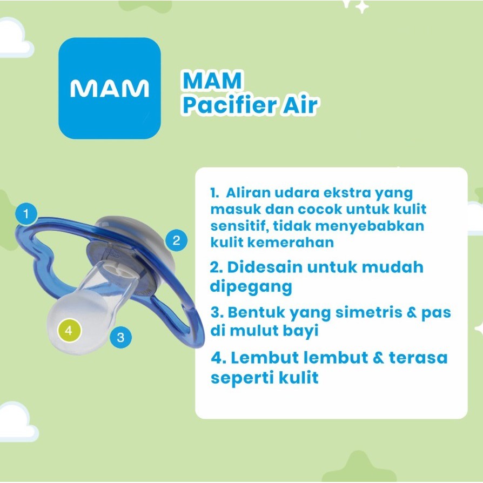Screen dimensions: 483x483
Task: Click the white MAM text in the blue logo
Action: [109, 89]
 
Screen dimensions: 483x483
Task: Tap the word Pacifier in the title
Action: [228, 105]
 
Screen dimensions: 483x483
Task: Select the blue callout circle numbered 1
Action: [26, 213]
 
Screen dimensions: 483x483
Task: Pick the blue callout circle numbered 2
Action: [176, 240]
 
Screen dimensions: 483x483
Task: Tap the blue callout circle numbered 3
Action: [120, 337]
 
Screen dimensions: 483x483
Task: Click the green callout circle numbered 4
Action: [69, 331]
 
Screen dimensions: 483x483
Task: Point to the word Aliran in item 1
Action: [248, 193]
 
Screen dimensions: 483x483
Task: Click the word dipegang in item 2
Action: [251, 287]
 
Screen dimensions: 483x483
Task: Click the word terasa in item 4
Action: [418, 358]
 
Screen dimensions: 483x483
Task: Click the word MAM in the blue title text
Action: [212, 81]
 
